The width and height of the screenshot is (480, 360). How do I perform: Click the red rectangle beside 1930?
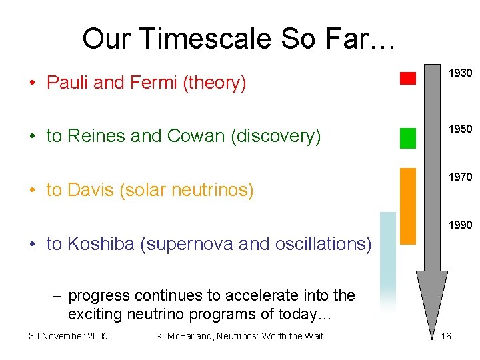407,78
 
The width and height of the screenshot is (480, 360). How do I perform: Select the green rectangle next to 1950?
407,137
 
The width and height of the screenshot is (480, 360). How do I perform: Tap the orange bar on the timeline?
407,206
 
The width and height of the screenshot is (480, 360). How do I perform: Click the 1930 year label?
460,72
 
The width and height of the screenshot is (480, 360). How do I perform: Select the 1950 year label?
460,128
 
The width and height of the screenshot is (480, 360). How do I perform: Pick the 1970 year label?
460,177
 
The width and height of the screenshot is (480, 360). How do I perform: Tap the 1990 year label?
460,225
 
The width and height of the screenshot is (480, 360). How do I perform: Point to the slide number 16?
446,335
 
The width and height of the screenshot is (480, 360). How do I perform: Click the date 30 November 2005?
68,335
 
